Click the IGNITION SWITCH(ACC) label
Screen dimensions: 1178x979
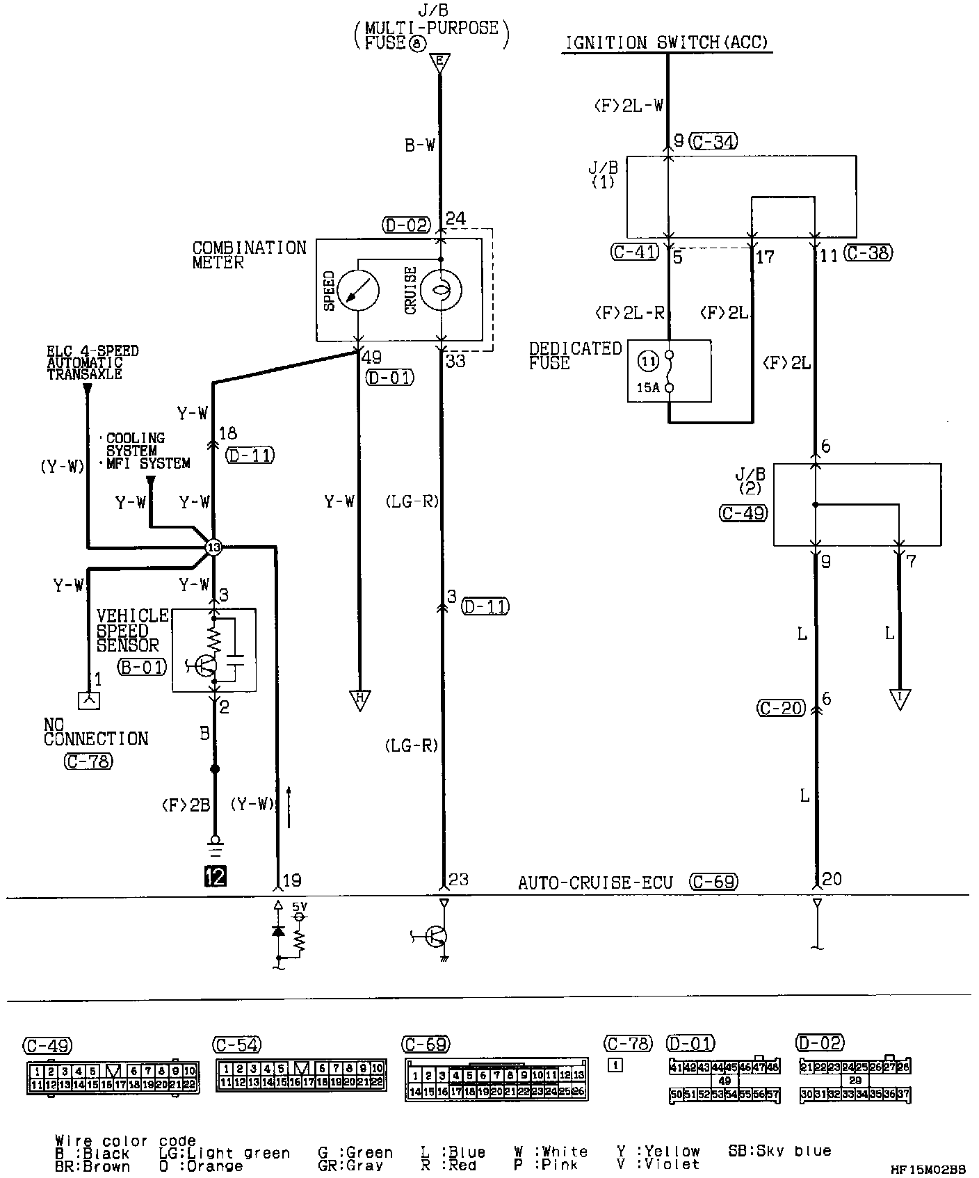(x=667, y=42)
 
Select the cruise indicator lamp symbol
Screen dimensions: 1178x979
(x=441, y=291)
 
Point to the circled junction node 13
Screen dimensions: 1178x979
(x=213, y=548)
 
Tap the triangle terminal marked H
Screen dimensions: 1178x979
(x=359, y=700)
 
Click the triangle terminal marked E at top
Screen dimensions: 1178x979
(x=439, y=63)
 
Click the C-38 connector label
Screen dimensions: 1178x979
(x=868, y=253)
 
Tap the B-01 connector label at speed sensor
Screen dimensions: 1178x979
(x=142, y=668)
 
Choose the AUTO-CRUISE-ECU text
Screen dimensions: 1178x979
(x=595, y=883)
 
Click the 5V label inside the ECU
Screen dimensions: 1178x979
(x=298, y=907)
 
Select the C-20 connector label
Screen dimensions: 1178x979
(x=780, y=709)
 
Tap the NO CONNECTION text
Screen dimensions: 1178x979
(x=96, y=732)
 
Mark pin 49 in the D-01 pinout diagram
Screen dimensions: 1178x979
(x=724, y=1081)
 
